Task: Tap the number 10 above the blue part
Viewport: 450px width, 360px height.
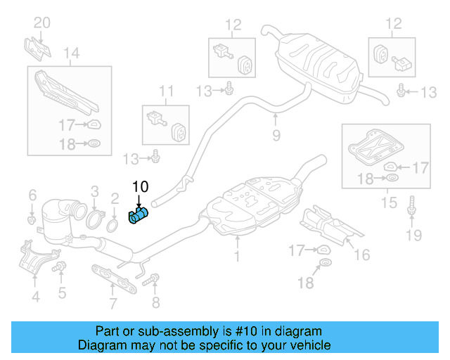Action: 141,187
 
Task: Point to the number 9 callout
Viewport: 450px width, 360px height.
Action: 276,134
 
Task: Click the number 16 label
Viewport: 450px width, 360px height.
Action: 362,255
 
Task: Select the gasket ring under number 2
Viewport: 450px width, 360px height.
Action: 112,226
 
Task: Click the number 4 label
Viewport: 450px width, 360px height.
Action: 34,297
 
